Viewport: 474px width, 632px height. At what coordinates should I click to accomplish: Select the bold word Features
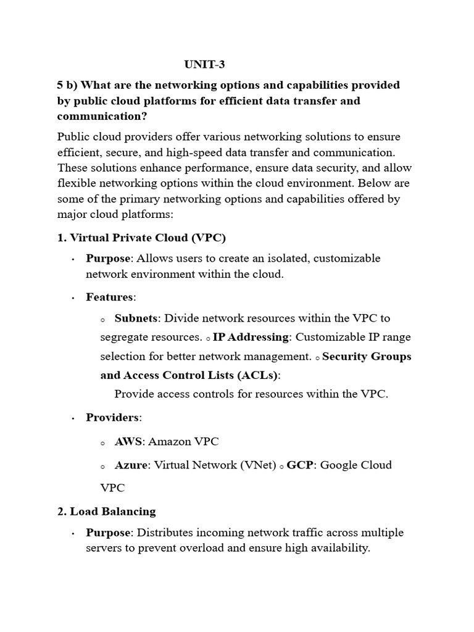click(x=109, y=297)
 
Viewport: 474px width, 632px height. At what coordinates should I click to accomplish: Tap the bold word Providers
click(x=112, y=417)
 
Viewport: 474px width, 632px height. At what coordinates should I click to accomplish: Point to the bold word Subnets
click(x=136, y=318)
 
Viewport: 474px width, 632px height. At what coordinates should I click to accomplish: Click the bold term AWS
click(x=128, y=441)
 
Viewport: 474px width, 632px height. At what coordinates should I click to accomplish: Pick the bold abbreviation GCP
click(x=301, y=465)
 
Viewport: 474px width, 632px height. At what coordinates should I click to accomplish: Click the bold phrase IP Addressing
click(x=251, y=337)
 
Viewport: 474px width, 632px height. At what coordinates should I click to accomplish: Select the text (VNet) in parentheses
click(x=258, y=465)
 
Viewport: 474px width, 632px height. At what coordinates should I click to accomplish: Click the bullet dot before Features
click(x=73, y=298)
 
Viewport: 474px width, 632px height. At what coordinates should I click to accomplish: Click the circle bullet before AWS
click(x=102, y=443)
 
